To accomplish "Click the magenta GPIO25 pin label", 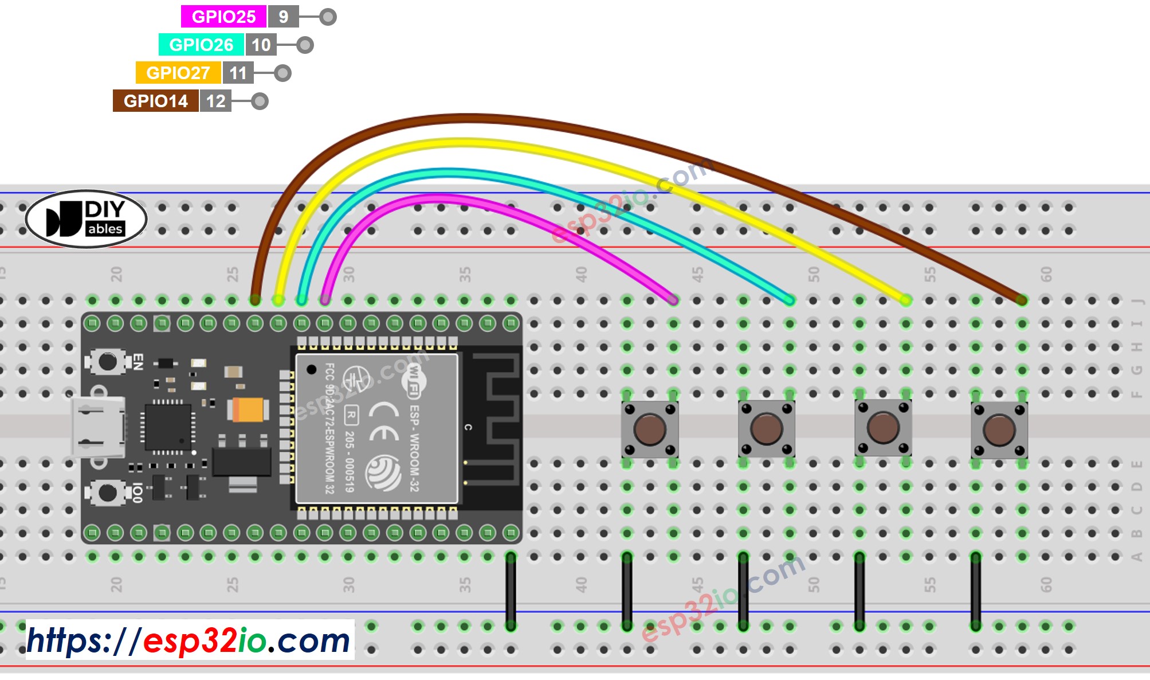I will (223, 17).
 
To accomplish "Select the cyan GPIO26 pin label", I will (201, 45).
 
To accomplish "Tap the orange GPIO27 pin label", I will (178, 73).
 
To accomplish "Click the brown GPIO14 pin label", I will (155, 101).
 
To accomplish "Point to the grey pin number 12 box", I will (215, 101).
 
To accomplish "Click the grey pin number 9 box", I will (283, 17).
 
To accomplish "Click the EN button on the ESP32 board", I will (107, 362).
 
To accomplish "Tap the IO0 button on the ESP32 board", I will (107, 493).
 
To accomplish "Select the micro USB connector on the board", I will (97, 427).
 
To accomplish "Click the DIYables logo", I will (87, 219).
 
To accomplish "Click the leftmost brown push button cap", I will (649, 429).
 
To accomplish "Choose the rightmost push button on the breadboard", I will (999, 429).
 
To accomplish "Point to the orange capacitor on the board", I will (248, 410).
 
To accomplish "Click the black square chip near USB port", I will (167, 427).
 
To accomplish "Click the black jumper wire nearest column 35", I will (511, 591).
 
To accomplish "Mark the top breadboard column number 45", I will (697, 274).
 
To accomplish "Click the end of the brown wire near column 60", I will (1022, 299).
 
